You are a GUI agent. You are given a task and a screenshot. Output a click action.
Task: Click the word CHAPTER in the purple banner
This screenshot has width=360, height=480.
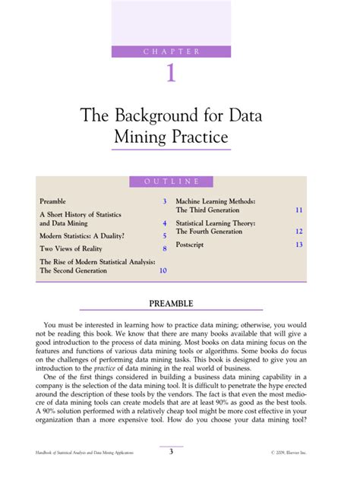171,52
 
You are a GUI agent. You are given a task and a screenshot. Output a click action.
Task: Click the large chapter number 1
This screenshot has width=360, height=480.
171,74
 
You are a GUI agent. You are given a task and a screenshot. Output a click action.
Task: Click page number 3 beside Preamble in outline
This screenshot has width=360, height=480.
164,201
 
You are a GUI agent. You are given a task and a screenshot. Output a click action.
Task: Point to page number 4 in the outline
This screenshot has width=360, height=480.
164,224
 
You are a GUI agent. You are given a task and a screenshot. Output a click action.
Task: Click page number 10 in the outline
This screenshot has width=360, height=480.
163,270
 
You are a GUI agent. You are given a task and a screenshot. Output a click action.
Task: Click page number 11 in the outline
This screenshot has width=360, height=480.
299,209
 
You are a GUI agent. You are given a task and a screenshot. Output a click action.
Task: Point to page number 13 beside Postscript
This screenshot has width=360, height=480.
299,245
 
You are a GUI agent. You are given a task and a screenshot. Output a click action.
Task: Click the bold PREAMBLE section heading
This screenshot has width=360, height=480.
171,304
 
